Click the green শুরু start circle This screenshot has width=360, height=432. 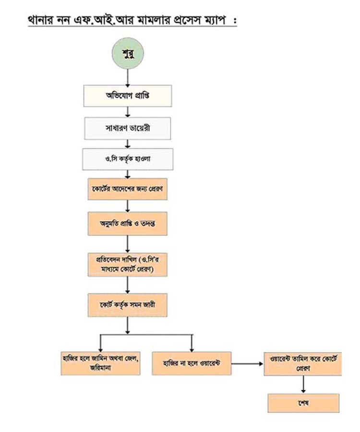tap(128, 53)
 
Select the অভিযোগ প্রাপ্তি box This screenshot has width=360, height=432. tap(128, 96)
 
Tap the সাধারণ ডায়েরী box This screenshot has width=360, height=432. tap(128, 128)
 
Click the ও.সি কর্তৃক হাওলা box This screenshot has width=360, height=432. tap(128, 158)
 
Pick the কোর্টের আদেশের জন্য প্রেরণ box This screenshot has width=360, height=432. tap(128, 189)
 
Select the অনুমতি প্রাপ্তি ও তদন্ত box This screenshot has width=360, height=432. tap(128, 223)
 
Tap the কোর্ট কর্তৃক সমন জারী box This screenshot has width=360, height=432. tap(128, 305)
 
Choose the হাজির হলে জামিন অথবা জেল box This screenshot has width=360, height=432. tap(100, 363)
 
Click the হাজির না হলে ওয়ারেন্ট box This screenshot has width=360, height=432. tap(192, 363)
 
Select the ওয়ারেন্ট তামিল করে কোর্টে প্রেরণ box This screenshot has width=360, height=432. tap(303, 363)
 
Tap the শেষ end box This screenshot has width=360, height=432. tap(303, 403)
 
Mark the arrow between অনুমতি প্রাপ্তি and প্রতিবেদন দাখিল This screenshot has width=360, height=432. tap(128, 243)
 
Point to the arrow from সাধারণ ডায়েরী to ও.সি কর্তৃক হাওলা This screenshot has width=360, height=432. tap(128, 143)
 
